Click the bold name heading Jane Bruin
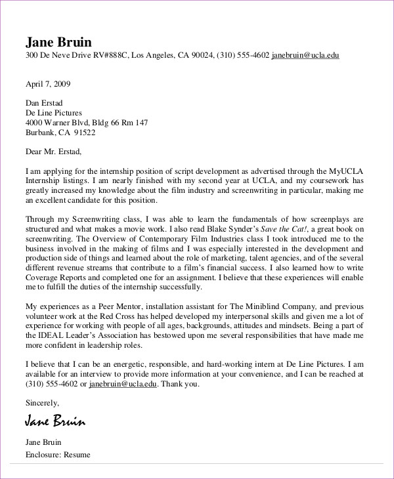pyautogui.click(x=60, y=41)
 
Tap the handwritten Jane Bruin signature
pyautogui.click(x=55, y=420)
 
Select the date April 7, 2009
pyautogui.click(x=48, y=84)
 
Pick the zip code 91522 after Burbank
pyautogui.click(x=84, y=132)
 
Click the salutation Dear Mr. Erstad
pyautogui.click(x=54, y=152)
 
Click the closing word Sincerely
pyautogui.click(x=42, y=402)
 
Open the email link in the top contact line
pyautogui.click(x=305, y=56)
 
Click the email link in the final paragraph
pyautogui.click(x=122, y=384)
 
